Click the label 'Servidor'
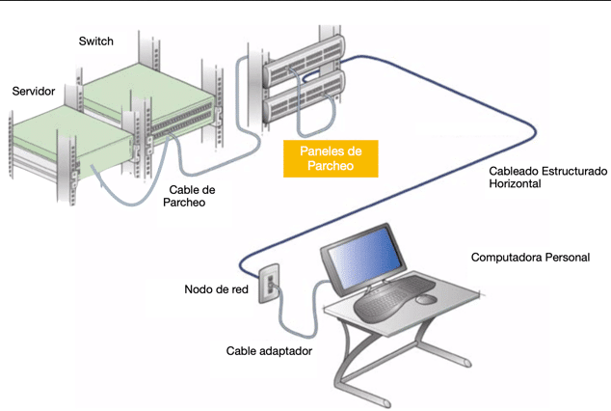click(33, 91)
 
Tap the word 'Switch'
click(95, 41)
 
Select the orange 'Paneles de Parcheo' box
click(330, 158)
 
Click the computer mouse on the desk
click(426, 299)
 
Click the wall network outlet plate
click(271, 280)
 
